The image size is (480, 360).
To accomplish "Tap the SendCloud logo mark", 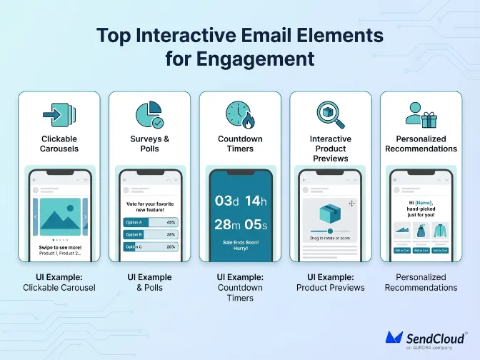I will pos(395,337).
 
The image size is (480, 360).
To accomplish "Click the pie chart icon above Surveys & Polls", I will pos(149,115).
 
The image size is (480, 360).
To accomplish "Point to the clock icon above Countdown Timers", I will pos(239,114).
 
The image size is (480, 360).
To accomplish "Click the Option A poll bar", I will pos(149,222).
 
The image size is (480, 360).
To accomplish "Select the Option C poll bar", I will pos(149,246).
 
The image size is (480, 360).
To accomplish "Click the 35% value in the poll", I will pos(171,234).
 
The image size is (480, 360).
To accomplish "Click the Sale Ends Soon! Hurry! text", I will pos(240,246).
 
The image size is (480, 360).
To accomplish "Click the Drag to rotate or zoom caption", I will pos(330,237).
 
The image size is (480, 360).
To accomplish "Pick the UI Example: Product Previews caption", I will pos(330,282).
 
